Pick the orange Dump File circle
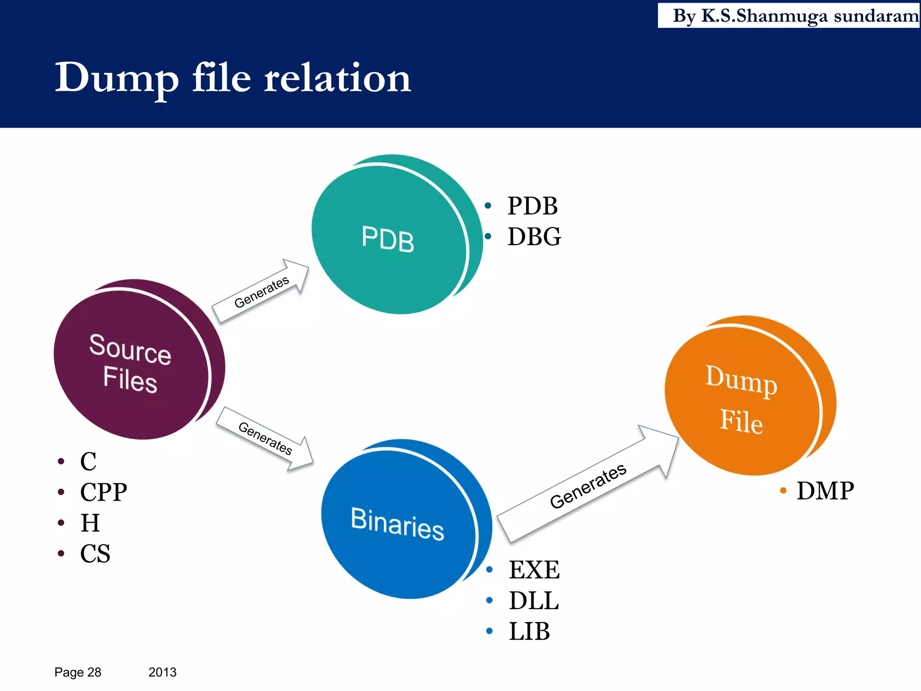click(x=742, y=398)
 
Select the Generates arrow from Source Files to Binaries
click(x=265, y=438)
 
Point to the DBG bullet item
click(x=534, y=237)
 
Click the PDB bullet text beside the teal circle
click(x=532, y=206)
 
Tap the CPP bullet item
click(x=103, y=492)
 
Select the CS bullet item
click(x=95, y=553)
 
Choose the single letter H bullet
click(x=90, y=523)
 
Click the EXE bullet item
click(x=534, y=570)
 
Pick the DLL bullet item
click(x=533, y=601)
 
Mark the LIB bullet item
click(x=529, y=631)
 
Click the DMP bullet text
click(x=825, y=490)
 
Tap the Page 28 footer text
click(x=78, y=672)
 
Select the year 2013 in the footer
click(x=162, y=672)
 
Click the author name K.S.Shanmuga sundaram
click(x=809, y=16)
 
